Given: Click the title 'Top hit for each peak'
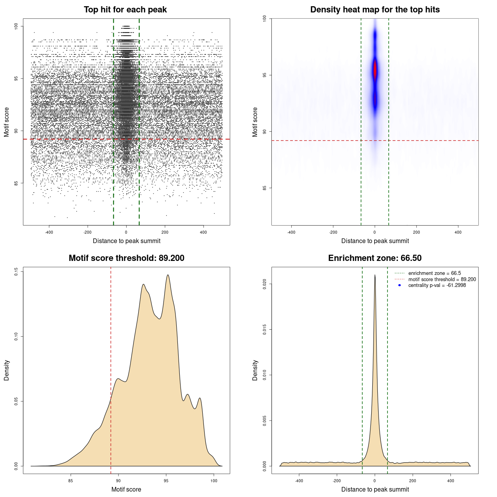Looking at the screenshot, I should [125, 10].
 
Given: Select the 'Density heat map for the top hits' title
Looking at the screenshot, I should [375, 10].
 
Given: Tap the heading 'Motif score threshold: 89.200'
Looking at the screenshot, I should [126, 258].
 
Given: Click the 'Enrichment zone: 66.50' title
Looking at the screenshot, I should [375, 258].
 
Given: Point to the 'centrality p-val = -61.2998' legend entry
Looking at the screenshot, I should [437, 285].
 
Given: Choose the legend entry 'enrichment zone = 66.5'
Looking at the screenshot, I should [434, 273].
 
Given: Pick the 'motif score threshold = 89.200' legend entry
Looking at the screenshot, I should [442, 280].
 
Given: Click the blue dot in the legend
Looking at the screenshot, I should [400, 285].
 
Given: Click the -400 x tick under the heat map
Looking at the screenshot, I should [291, 232].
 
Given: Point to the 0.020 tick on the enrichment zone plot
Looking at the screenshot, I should [265, 284].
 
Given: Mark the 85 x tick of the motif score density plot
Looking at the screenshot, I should [71, 481].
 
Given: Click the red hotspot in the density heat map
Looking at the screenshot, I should [375, 71].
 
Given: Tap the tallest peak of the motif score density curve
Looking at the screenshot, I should [168, 275].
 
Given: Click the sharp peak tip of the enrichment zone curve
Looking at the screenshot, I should [375, 275].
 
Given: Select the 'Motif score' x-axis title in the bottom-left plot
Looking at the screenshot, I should [126, 489].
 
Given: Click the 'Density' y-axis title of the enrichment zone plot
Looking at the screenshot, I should [255, 370].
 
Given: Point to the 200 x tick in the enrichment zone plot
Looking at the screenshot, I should [413, 481].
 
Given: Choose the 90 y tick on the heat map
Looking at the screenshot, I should [265, 132].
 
